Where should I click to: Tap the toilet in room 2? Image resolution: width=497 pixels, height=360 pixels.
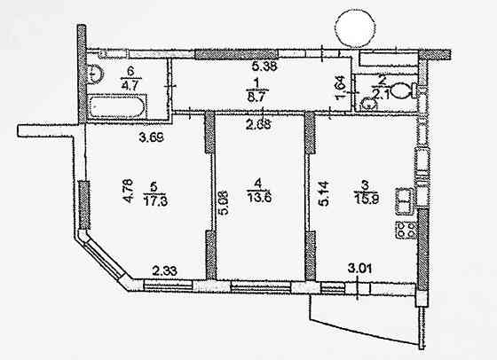click(403, 90)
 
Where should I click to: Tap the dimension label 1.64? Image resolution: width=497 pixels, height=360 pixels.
click(344, 91)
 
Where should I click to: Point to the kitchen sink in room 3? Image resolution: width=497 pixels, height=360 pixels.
click(404, 201)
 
